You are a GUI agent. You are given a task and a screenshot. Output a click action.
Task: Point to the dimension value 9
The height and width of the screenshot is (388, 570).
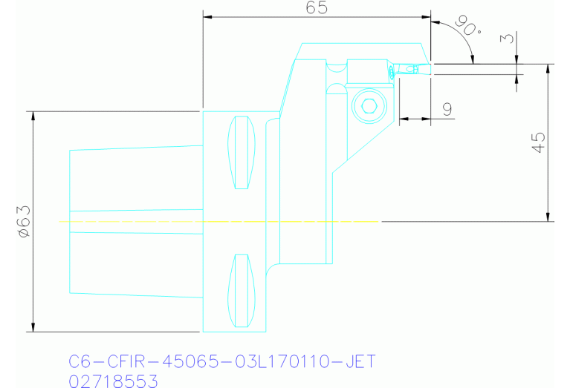(447, 108)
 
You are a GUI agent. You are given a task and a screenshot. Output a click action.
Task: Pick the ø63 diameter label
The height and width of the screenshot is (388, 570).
(22, 222)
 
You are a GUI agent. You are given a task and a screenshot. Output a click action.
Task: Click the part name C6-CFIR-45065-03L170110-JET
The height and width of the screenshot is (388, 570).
(221, 362)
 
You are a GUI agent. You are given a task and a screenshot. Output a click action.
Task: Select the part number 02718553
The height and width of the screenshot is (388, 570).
(112, 381)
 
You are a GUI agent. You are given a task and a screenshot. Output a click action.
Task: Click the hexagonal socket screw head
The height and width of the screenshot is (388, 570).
(367, 107)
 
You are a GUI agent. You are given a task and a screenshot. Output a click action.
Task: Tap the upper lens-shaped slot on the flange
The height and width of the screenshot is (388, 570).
(242, 152)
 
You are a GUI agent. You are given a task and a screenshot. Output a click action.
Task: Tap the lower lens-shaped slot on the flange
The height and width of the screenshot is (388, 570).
(242, 290)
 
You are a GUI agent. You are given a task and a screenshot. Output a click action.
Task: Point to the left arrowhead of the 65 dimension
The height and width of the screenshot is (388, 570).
(207, 16)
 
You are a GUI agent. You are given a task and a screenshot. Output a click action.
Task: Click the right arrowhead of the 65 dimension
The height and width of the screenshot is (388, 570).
(426, 16)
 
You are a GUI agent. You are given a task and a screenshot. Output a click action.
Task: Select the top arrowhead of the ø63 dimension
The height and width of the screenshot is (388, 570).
(33, 116)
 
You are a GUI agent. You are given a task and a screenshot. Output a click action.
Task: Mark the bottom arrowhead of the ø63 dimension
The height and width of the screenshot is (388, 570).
(33, 327)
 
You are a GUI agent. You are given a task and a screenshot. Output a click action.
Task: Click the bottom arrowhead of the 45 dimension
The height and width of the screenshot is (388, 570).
(548, 217)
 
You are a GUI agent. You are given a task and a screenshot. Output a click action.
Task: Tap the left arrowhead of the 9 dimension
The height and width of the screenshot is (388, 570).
(404, 117)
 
